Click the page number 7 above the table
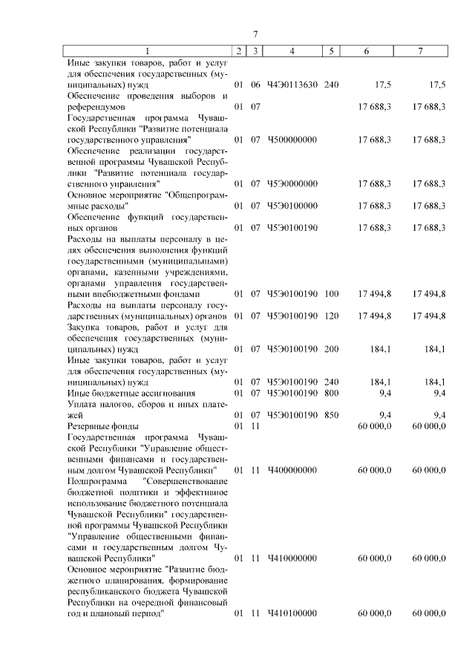coord(255,34)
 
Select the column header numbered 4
coord(292,50)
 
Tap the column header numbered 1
coord(147,50)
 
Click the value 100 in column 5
coord(331,294)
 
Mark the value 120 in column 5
coord(331,316)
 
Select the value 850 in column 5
coord(331,414)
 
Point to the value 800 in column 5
coord(331,393)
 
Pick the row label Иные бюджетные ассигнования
coord(131,393)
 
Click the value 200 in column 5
coord(331,348)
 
